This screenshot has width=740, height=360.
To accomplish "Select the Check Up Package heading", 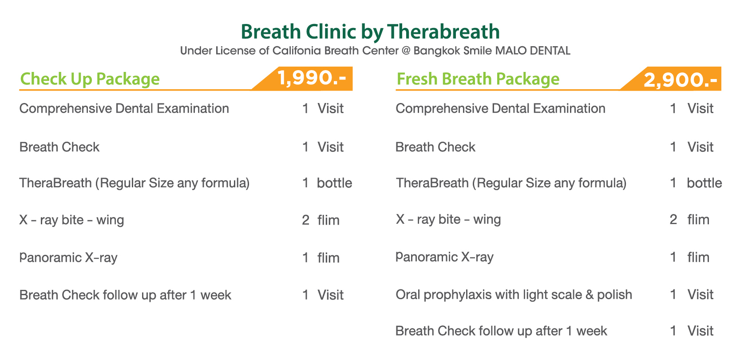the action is click(90, 79).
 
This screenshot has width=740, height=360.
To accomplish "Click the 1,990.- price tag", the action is click(312, 78).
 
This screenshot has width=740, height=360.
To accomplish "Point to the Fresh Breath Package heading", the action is click(478, 79).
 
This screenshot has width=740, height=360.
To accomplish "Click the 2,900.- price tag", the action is click(680, 80).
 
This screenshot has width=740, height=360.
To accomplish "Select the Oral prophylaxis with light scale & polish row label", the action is click(514, 295).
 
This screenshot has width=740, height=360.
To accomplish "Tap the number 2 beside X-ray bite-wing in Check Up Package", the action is click(305, 220).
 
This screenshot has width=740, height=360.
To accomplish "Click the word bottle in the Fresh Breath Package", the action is click(704, 183).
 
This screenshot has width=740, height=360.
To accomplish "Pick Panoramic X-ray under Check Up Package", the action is click(68, 257).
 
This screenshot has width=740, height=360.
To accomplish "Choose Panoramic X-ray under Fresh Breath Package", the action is click(445, 257).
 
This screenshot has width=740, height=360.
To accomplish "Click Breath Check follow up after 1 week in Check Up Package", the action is click(125, 295).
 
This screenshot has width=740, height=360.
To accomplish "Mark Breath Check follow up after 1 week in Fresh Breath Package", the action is click(501, 331).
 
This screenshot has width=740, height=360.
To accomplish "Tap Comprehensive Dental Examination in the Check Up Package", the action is click(124, 109).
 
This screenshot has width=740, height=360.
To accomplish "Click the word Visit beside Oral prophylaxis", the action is click(700, 295).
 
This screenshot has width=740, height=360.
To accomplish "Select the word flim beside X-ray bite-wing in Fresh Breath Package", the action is click(698, 220).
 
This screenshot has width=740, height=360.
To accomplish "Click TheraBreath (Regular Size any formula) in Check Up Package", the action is click(135, 183).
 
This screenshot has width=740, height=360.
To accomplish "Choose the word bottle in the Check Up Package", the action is click(334, 183).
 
